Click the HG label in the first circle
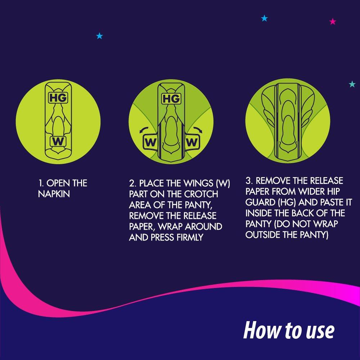58,97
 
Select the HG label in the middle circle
171,99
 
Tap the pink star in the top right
333,22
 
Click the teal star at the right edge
352,84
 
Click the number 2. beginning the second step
132,184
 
